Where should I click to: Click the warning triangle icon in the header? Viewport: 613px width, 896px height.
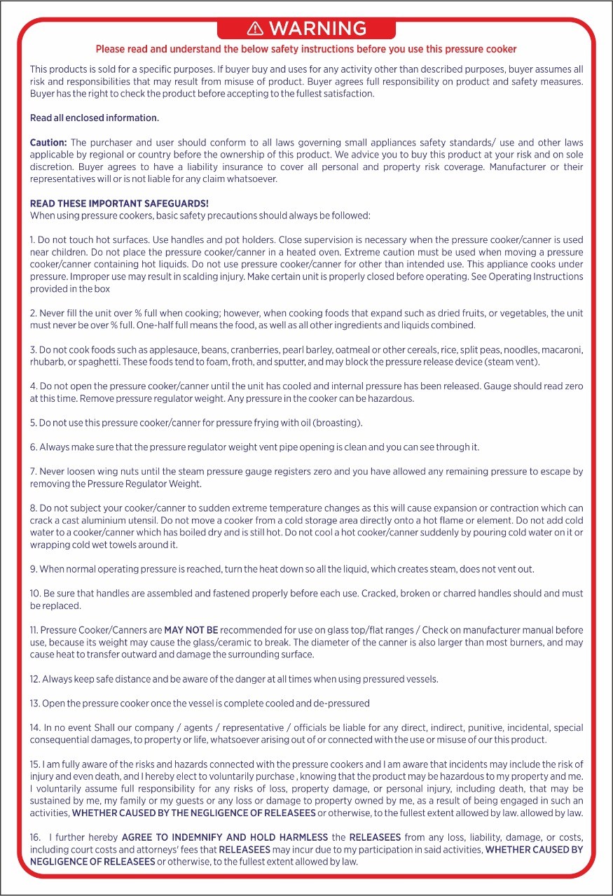(256, 28)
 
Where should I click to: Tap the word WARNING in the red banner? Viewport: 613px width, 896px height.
(317, 28)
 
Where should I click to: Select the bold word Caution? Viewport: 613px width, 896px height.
(48, 143)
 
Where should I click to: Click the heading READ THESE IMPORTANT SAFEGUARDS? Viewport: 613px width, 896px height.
(109, 204)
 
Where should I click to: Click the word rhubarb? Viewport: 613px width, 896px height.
(48, 362)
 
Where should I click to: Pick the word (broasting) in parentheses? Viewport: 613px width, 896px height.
(338, 423)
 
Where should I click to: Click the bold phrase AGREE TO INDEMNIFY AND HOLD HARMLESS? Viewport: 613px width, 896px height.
(225, 837)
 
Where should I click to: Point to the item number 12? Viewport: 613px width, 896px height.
(34, 679)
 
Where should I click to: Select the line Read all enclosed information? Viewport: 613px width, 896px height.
(95, 118)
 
